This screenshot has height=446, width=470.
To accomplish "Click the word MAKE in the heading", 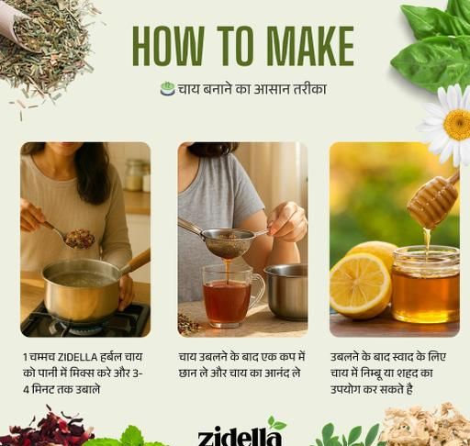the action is click(310, 46).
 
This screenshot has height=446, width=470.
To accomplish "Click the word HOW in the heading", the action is click(167, 46).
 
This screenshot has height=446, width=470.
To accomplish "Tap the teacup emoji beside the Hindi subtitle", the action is click(167, 89).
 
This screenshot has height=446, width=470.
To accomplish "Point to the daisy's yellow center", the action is click(457, 125).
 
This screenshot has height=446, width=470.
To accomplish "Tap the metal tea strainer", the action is click(227, 240).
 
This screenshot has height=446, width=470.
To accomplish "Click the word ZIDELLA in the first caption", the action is click(77, 357).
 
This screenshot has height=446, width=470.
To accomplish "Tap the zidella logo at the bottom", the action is click(240, 436).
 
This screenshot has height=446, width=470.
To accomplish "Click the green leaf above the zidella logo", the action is click(276, 423).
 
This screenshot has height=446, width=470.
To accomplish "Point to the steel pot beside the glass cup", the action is click(286, 292).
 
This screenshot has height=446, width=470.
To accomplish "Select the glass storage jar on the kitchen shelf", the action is click(135, 175).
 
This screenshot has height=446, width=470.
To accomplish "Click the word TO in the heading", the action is click(235, 46).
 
